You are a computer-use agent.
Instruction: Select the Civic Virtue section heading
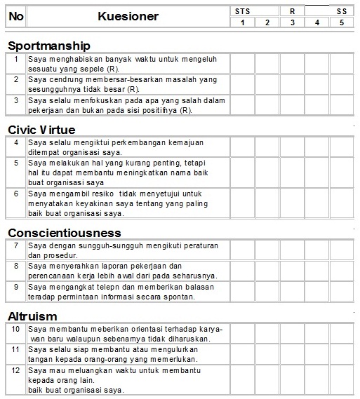(41, 129)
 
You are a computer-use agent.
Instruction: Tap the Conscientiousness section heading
(64, 232)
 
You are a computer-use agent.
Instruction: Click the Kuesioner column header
(128, 16)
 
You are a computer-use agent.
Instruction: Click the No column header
(15, 16)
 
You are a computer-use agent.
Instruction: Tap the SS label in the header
(342, 11)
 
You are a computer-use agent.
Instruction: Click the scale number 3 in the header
(292, 22)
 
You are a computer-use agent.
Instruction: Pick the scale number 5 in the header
(342, 22)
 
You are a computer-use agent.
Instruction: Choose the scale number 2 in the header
(267, 22)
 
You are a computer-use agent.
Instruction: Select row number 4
(15, 142)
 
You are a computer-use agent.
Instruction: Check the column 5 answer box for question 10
(342, 333)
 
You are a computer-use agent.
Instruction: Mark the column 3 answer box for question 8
(292, 271)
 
